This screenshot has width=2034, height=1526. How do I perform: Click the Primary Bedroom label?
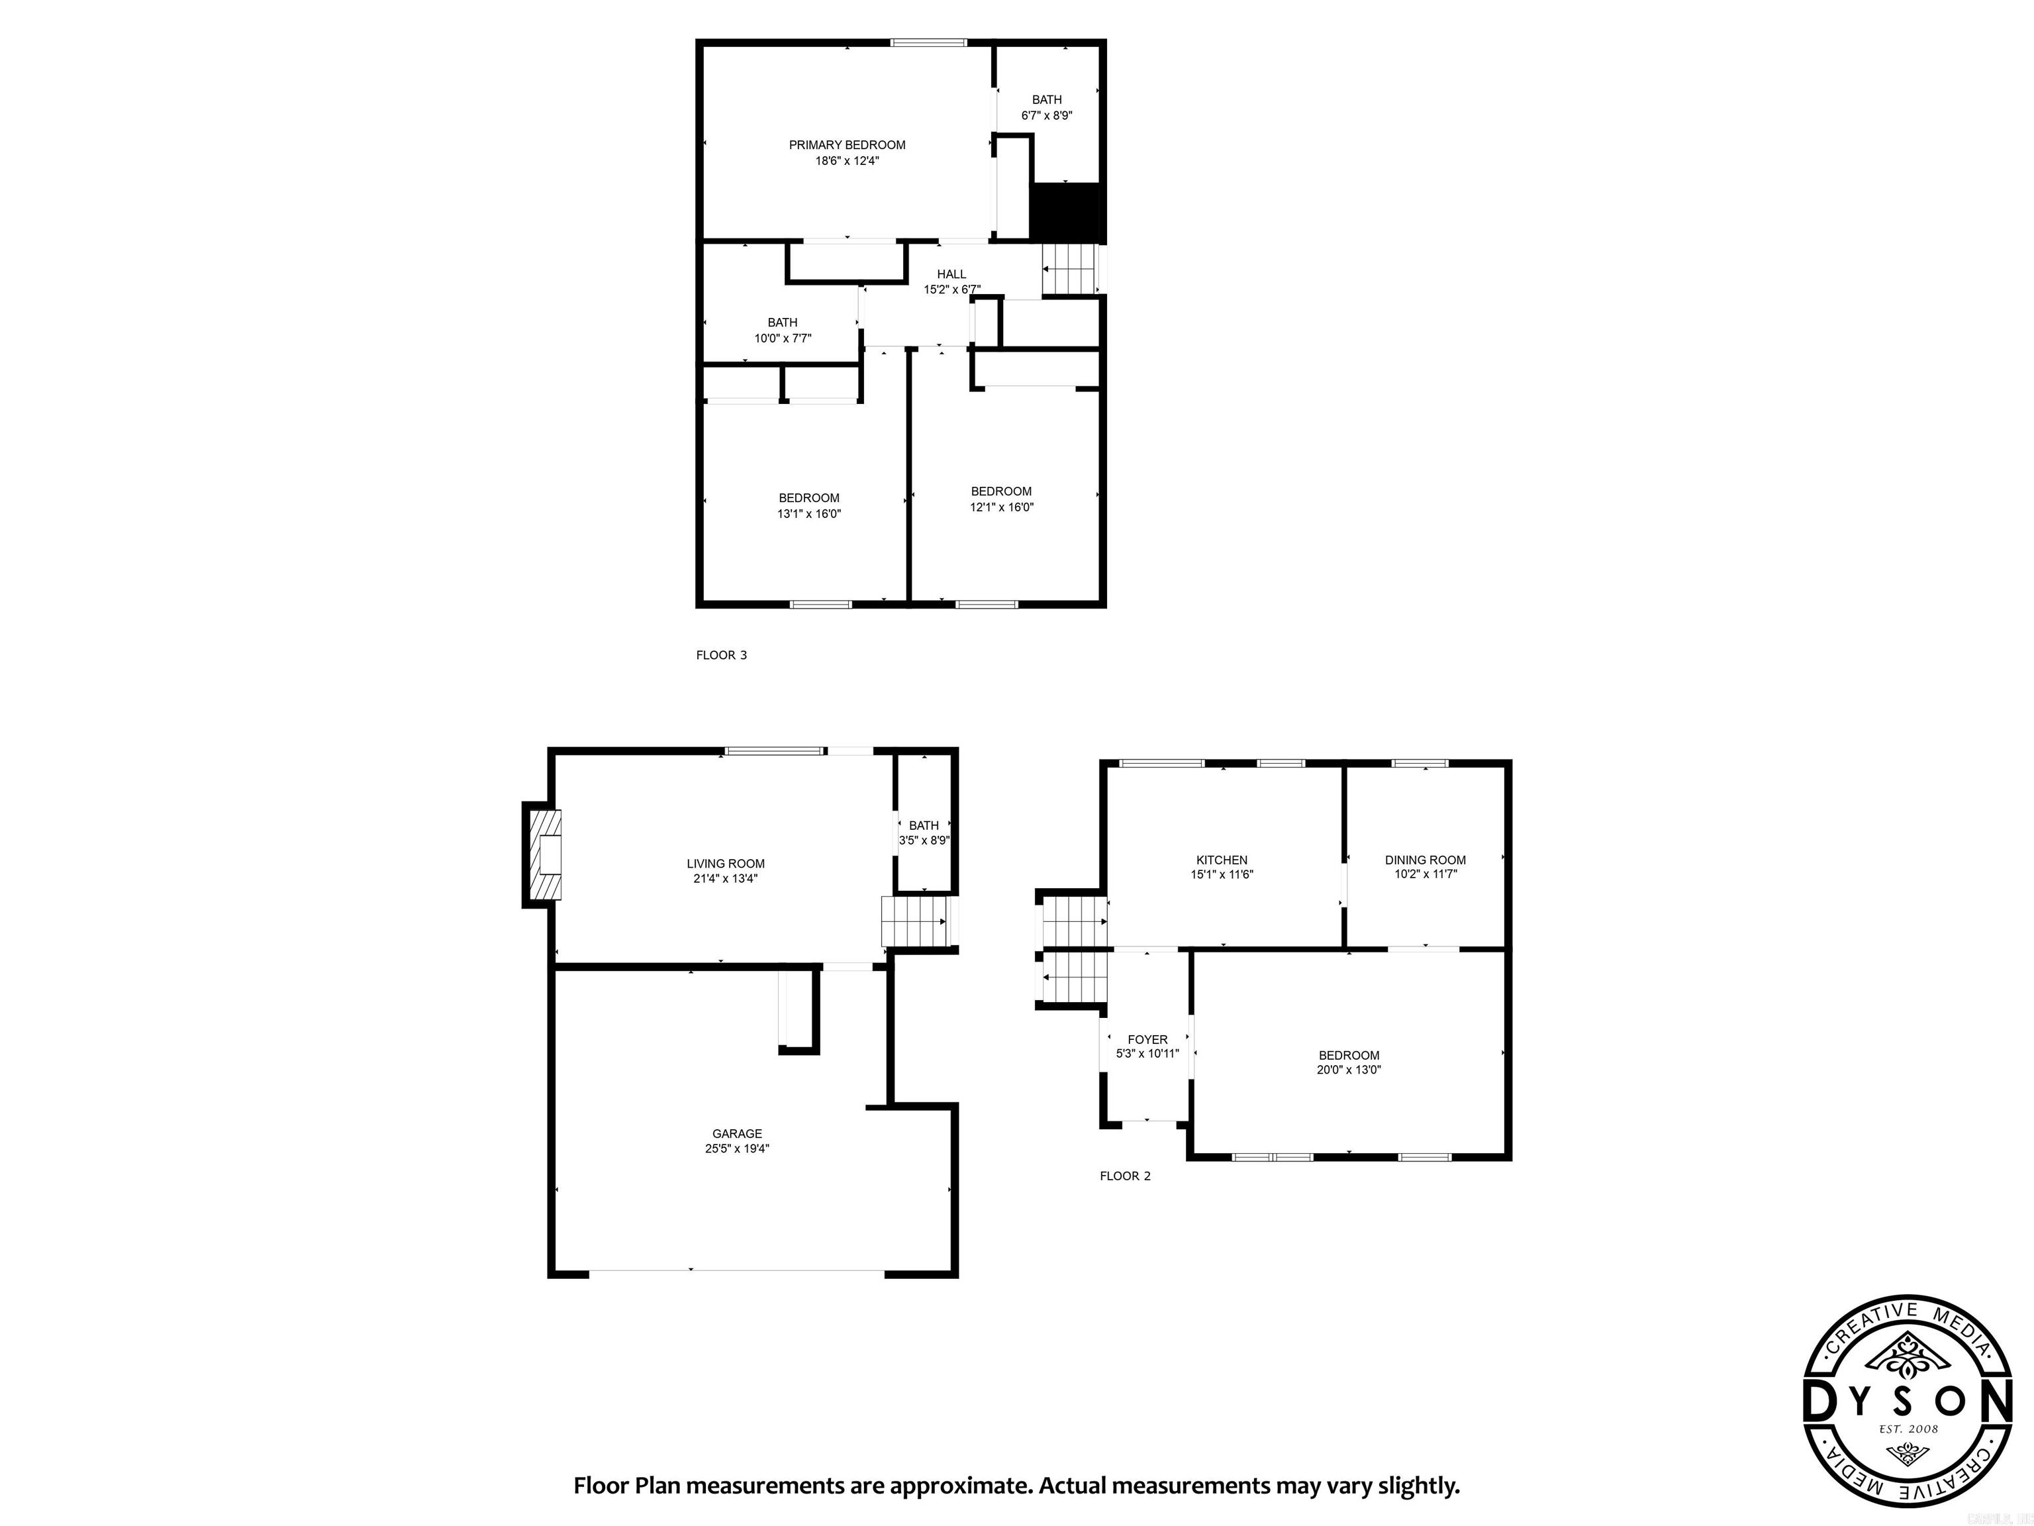click(x=847, y=144)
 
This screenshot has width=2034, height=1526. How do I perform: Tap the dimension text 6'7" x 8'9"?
click(x=1046, y=116)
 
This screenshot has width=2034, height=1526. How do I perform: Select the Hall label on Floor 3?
click(x=951, y=274)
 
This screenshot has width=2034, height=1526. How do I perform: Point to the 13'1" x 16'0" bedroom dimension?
click(x=809, y=514)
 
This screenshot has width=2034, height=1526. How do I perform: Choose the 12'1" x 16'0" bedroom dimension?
click(x=1001, y=507)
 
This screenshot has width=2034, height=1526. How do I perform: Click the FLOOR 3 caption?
click(x=721, y=655)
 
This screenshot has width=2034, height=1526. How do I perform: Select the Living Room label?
click(x=726, y=863)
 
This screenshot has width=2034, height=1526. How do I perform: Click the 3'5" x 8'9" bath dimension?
click(x=924, y=840)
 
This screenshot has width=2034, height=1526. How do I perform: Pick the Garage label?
click(x=736, y=1133)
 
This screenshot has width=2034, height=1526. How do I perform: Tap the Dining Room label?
click(x=1426, y=860)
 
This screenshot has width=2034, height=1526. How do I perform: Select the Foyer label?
click(x=1147, y=1039)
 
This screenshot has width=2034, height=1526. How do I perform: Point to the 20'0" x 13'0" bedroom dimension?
click(x=1349, y=1070)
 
